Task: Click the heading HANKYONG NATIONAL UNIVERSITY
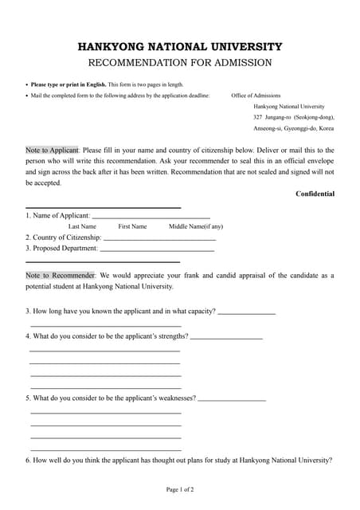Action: [179, 47]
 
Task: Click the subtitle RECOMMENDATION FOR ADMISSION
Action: [179, 63]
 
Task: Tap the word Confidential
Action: [315, 194]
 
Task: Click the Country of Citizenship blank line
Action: [159, 238]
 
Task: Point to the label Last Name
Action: [82, 226]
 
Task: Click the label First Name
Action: [132, 226]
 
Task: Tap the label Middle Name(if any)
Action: [196, 226]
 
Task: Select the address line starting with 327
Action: [294, 117]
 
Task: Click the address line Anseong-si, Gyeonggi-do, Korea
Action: [293, 128]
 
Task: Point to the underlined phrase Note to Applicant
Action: [52, 150]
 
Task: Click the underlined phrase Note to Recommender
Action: [61, 275]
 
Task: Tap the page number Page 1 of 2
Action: [179, 488]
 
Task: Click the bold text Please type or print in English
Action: [68, 84]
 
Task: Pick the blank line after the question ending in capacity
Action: [246, 312]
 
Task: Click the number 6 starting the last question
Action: [28, 461]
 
